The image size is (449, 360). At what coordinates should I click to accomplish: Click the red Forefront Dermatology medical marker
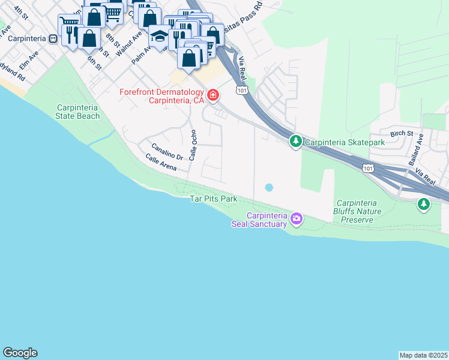212,95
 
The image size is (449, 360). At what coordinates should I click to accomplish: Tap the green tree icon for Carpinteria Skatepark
295,142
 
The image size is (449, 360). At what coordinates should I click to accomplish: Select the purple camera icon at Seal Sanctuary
296,219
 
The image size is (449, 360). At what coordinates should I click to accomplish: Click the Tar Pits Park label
214,199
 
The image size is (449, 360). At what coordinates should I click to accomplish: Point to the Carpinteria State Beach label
77,112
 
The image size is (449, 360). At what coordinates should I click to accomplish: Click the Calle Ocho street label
193,145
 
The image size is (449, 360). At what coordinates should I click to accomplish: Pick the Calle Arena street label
160,163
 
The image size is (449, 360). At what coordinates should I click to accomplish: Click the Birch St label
402,133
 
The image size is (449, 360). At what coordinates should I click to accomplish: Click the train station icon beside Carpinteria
53,38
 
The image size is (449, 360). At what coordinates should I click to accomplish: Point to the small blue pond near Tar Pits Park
269,187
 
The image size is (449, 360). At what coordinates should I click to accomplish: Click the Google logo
20,353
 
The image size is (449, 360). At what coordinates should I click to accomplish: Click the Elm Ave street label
28,61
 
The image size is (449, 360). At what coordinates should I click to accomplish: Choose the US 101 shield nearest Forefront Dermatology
241,90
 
